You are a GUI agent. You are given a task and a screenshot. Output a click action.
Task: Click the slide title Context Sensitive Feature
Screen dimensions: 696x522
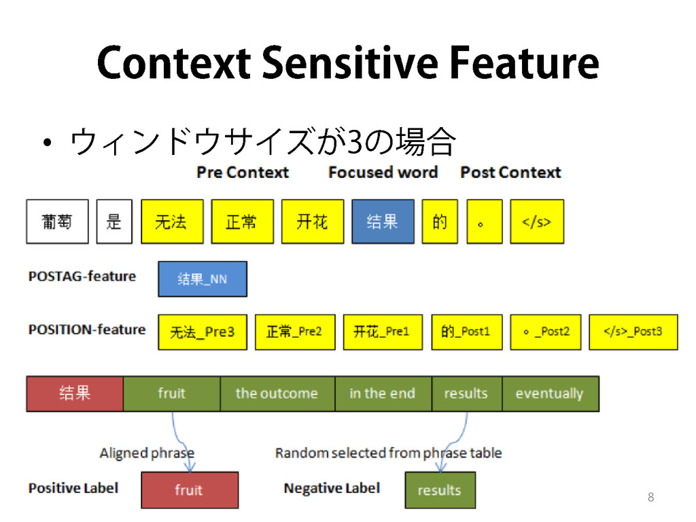pos(347,64)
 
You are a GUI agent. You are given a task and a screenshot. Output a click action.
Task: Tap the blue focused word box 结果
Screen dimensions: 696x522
pos(383,222)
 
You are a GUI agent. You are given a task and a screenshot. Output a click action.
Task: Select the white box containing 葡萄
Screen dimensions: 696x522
pos(57,222)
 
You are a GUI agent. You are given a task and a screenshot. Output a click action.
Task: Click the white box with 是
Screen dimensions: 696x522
pos(114,222)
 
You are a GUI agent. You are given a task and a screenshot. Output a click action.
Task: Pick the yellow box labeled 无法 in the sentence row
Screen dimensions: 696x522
pos(172,222)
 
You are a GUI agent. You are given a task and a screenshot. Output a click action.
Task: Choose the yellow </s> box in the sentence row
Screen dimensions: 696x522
pos(537,222)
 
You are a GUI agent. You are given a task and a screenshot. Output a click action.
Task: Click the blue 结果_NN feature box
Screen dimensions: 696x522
pos(203,279)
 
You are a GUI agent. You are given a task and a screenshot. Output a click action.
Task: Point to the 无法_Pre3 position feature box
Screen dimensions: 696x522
pos(203,332)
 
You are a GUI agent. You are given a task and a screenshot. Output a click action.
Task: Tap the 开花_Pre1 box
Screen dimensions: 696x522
pos(383,332)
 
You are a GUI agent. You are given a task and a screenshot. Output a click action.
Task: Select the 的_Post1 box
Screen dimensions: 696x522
pos(466,332)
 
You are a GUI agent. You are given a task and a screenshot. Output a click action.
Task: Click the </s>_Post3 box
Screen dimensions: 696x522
pos(633,332)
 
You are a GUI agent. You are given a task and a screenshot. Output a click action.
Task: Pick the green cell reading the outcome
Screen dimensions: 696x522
pos(277,394)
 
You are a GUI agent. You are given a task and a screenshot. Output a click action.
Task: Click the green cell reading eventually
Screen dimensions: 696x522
pos(551,394)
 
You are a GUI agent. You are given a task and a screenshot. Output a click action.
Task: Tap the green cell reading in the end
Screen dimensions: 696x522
pos(383,394)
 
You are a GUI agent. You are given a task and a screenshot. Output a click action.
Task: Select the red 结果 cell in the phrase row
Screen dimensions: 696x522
pos(75,394)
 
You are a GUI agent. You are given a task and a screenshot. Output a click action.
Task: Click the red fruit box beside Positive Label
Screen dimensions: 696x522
pos(190,490)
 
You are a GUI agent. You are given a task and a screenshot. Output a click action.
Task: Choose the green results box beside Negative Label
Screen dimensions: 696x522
pos(440,490)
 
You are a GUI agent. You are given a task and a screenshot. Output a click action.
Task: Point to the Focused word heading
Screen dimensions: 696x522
pos(383,173)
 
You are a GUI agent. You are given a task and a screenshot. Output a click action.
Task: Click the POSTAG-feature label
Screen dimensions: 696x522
pos(82,277)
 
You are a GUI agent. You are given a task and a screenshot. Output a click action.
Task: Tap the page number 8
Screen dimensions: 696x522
pos(650,498)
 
